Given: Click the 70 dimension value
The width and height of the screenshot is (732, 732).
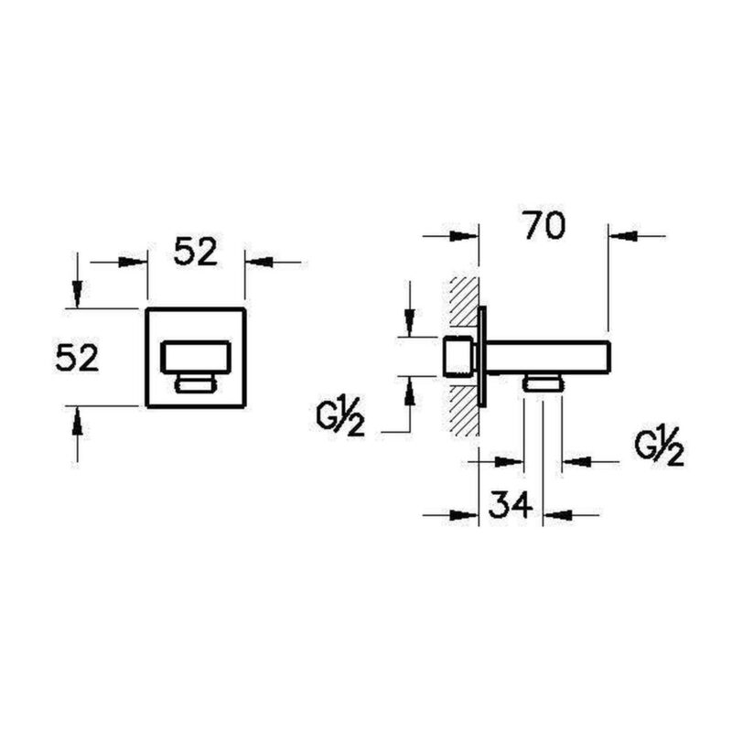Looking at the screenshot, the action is (544, 225).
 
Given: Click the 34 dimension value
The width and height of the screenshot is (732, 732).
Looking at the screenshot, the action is (511, 504).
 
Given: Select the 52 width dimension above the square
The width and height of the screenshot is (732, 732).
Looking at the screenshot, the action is (196, 252).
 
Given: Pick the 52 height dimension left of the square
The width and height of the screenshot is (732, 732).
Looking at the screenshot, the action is (78, 358).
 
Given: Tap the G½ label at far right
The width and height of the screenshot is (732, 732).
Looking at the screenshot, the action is (659, 447).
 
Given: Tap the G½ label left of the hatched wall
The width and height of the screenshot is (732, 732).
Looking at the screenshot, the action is (340, 417).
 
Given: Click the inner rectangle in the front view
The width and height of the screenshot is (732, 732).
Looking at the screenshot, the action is (196, 358).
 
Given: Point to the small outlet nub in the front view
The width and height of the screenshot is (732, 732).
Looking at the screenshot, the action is (196, 383).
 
